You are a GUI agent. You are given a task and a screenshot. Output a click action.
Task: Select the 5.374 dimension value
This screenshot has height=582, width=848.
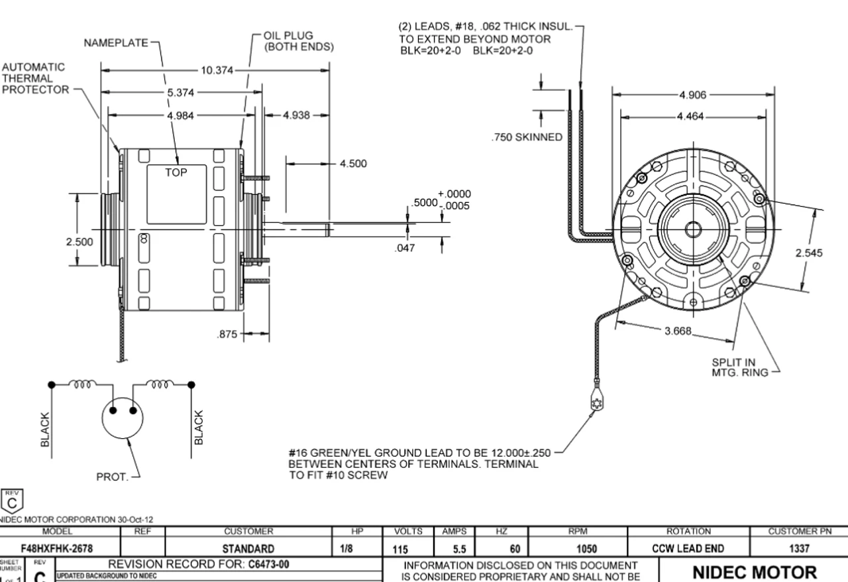click(x=180, y=93)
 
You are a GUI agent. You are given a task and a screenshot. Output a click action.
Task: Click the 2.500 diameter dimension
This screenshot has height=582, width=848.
click(x=79, y=242)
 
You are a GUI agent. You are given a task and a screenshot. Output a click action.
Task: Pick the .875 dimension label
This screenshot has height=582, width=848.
click(x=227, y=335)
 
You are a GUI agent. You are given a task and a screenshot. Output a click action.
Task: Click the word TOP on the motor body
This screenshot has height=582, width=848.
click(x=177, y=172)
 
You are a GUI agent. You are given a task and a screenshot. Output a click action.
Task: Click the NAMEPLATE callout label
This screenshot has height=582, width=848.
click(x=116, y=43)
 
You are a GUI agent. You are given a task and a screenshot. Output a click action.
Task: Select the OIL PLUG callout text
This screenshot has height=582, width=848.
click(x=297, y=41)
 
